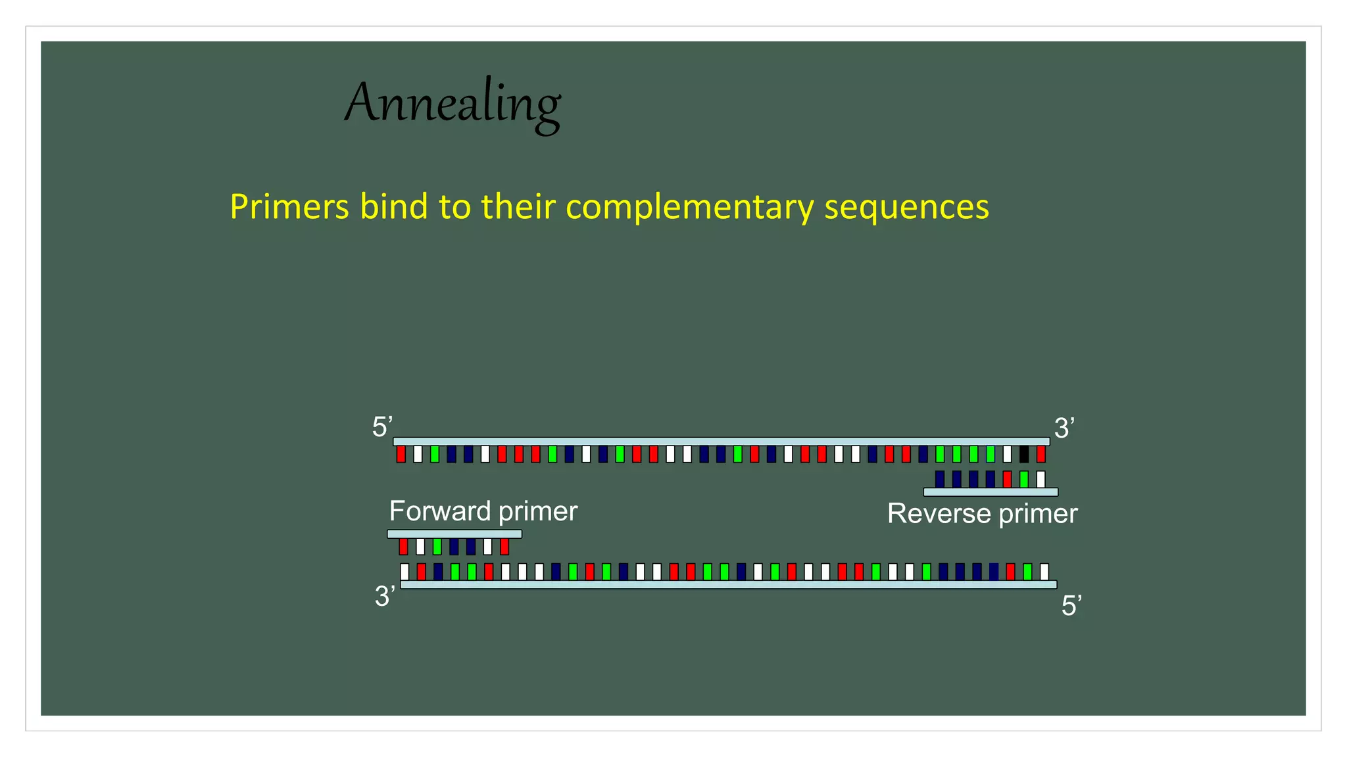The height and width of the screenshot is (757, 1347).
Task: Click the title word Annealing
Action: pyautogui.click(x=453, y=104)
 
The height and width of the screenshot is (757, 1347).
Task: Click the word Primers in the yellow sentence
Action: pyautogui.click(x=289, y=206)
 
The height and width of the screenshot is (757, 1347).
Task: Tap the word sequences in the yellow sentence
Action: pyautogui.click(x=906, y=208)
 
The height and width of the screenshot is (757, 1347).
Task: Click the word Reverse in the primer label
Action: pyautogui.click(x=939, y=514)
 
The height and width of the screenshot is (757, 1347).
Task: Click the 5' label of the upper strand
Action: pyautogui.click(x=382, y=427)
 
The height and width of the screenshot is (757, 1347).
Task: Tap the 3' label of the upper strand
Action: pyautogui.click(x=1064, y=428)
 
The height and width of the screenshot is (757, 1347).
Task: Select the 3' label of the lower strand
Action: pyautogui.click(x=385, y=597)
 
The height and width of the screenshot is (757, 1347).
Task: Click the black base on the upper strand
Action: pyautogui.click(x=1024, y=454)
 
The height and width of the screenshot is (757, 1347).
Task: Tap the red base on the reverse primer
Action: pyautogui.click(x=1007, y=479)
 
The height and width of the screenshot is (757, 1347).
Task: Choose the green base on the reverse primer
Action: pyautogui.click(x=1024, y=479)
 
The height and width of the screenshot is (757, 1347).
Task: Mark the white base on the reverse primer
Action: pyautogui.click(x=1041, y=479)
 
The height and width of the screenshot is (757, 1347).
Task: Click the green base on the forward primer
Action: pyautogui.click(x=437, y=547)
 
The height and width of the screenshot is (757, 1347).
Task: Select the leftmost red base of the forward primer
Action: pyautogui.click(x=404, y=547)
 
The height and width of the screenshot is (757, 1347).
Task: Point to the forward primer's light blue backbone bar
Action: pyautogui.click(x=454, y=534)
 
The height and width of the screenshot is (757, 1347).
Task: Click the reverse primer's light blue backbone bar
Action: pyautogui.click(x=991, y=492)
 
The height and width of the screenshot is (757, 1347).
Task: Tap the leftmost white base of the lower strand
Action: pyautogui.click(x=404, y=572)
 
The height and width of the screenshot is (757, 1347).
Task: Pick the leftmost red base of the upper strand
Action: pyautogui.click(x=401, y=454)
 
